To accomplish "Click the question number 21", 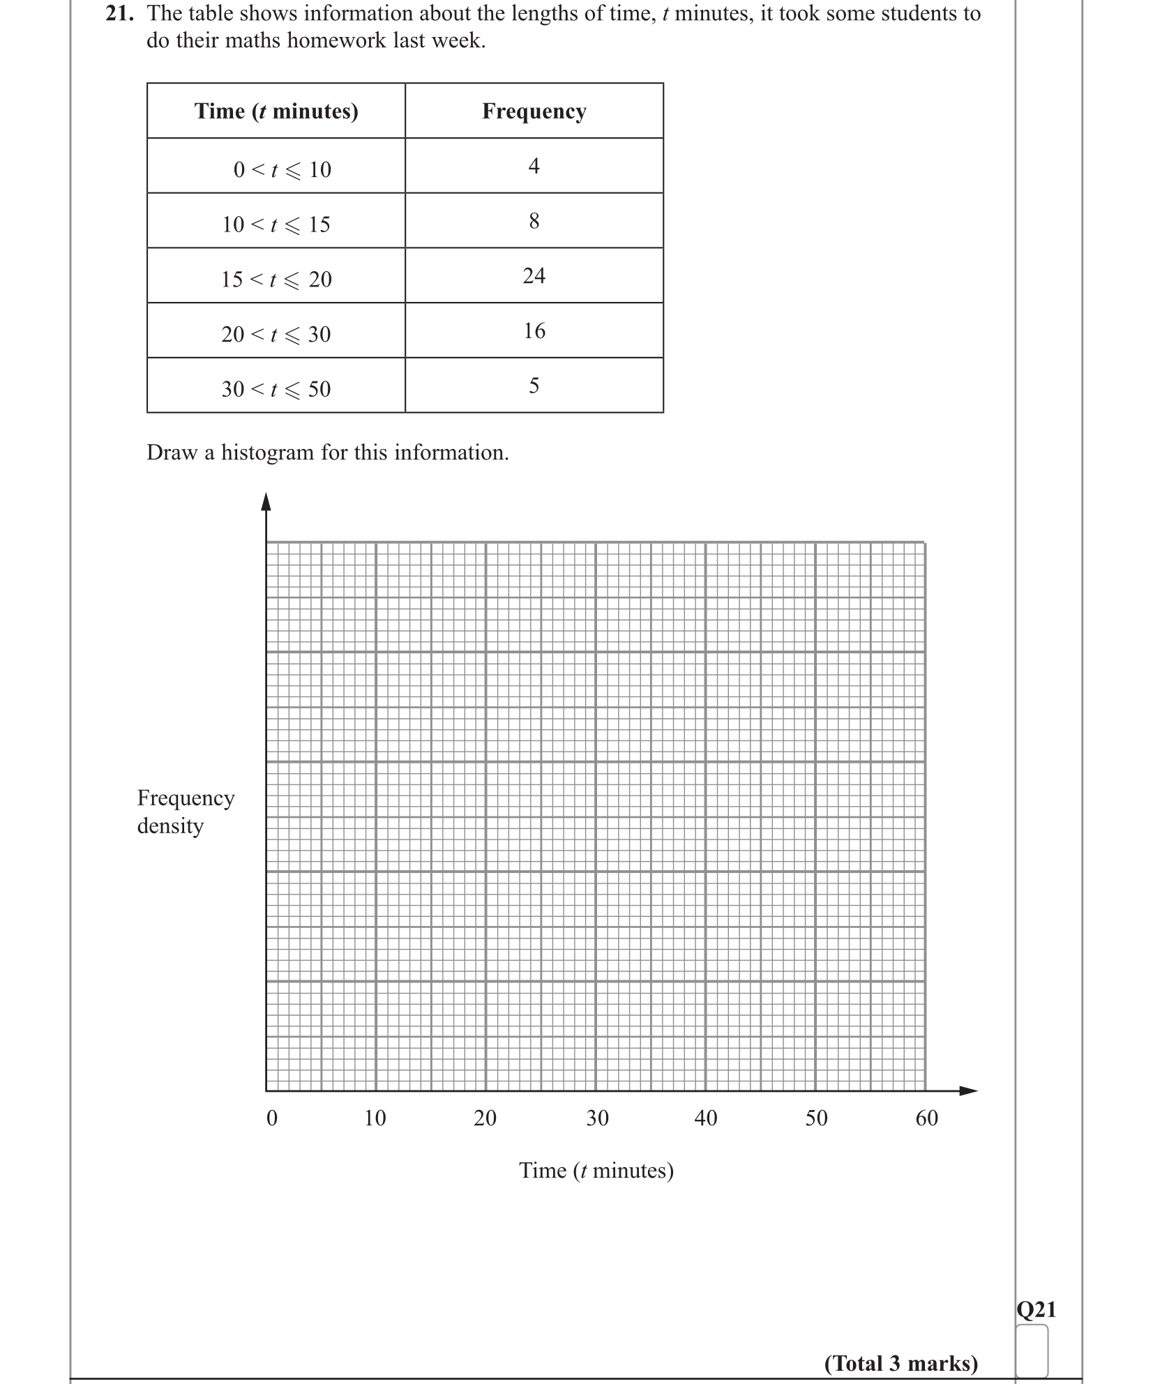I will point(119,14).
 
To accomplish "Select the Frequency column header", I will point(534,111).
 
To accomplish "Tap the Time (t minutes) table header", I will point(276,111).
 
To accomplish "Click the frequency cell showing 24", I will point(534,276).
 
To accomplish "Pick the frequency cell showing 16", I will point(534,330).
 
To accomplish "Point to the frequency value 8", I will point(534,221).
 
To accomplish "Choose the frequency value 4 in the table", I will point(534,166).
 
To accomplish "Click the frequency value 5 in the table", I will point(534,386).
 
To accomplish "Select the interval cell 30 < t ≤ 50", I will point(276,388).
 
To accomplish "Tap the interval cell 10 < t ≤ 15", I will point(276,224).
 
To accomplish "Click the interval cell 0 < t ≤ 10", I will point(282,169).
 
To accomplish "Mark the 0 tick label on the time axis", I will point(272,1118).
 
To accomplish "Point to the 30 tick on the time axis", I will point(597,1118).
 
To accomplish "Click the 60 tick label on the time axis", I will point(927,1118).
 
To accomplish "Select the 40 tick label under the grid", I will point(706,1118).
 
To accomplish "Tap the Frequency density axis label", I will point(186,811).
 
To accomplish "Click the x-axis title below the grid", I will point(596,1170).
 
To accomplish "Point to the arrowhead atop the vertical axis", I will point(266,501).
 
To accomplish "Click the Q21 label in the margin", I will point(1037,1309).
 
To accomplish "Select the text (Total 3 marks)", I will point(901,1363).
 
